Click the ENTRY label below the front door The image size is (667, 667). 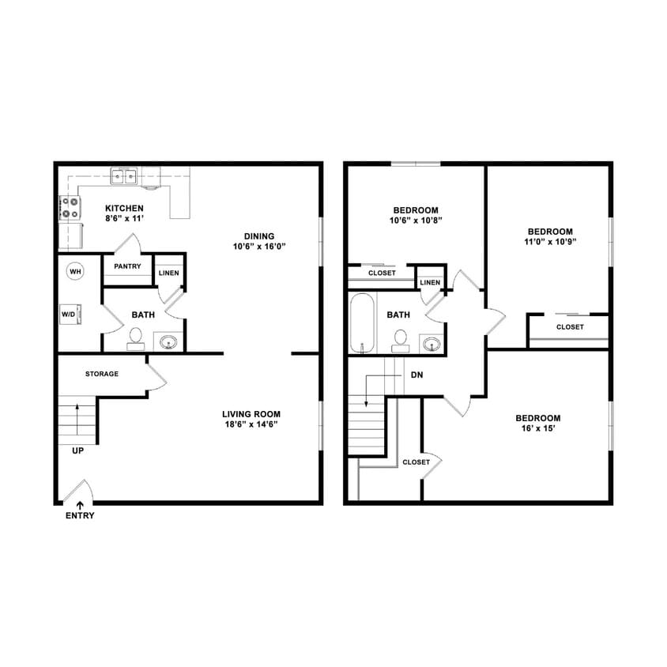coord(80,516)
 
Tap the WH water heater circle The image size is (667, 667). coord(76,272)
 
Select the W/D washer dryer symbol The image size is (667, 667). coord(70,315)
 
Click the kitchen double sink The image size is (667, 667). coord(122,175)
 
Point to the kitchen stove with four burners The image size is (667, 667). coord(70,208)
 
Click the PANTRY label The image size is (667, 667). coord(127,266)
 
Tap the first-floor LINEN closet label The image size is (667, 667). coord(169,273)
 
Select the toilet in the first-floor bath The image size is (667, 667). coord(136,338)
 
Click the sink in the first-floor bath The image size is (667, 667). coord(168,342)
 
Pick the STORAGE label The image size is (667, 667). coord(102,374)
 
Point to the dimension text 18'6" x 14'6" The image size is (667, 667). coord(251,424)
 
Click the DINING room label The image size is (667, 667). coord(259,236)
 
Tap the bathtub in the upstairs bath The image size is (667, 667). coord(363,324)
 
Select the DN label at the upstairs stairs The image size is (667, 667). coord(416,375)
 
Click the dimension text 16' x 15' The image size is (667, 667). coord(538,429)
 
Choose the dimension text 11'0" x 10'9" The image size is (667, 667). coord(550,243)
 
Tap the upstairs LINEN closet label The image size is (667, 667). coord(430,282)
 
